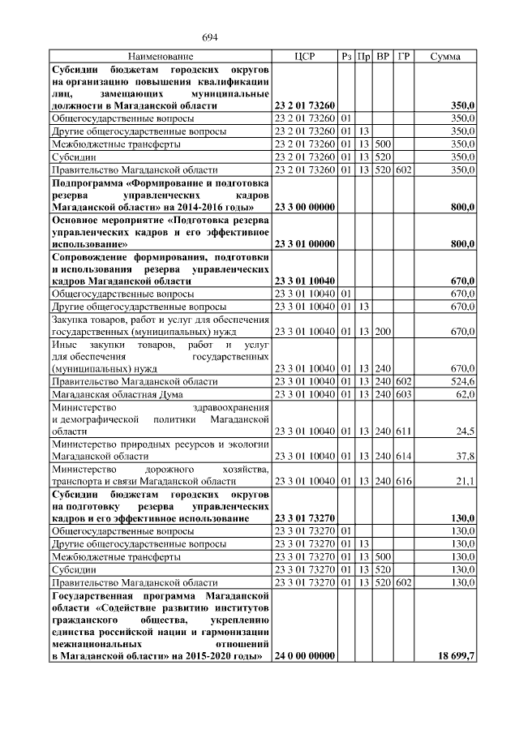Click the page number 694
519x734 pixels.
pos(210,37)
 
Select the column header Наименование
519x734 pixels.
pos(161,57)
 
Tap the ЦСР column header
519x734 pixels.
pos(305,57)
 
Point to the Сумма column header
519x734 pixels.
pos(445,57)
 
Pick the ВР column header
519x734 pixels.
pos(383,57)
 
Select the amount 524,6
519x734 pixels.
pos(461,380)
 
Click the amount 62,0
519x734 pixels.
pos(464,393)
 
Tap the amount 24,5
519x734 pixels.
pos(464,431)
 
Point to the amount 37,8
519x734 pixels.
pos(464,456)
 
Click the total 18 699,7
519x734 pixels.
pos(455,655)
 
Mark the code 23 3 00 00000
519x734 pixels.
pos(305,207)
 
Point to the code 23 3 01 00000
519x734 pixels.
pos(305,243)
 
